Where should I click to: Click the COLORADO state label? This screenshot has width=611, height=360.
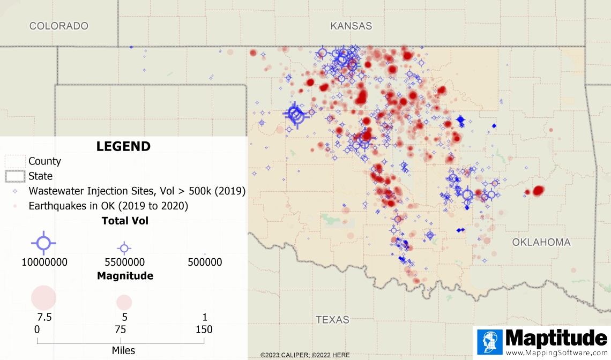coord(58,26)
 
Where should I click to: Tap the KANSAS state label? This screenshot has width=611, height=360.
coord(351,26)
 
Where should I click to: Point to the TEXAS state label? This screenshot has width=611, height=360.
coord(332,320)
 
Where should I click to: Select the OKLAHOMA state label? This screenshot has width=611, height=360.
coord(541,242)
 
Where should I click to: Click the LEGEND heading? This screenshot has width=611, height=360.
coord(123,146)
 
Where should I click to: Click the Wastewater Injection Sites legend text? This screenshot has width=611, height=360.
coord(137,191)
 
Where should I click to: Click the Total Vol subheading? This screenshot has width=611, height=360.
coord(125,221)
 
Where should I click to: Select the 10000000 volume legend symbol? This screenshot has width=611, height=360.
coord(43,243)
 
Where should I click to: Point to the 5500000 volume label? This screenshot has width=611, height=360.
coord(124,262)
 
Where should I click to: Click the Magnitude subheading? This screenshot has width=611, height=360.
coord(125,276)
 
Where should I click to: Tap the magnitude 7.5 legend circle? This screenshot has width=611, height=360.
coord(44,298)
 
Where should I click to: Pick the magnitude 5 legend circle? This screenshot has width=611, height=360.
coord(124,302)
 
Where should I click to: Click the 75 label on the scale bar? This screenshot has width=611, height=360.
coord(121,329)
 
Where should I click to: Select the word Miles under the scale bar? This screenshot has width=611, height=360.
coord(123,350)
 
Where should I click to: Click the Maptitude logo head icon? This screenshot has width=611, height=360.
coord(489,342)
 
